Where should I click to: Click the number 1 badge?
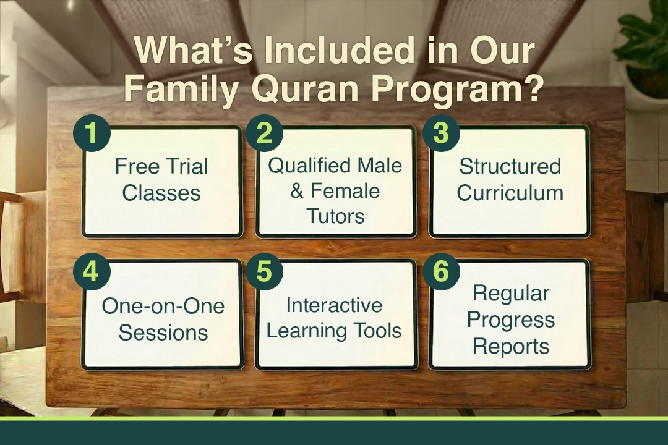click(92, 133)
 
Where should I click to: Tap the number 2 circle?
click(265, 133)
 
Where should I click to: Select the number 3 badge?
click(441, 133)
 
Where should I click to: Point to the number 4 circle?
click(92, 271)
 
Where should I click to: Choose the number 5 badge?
click(265, 271)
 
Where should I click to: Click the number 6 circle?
click(441, 271)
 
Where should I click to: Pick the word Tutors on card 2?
click(336, 216)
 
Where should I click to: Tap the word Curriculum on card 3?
click(510, 193)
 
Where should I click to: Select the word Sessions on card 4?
click(163, 333)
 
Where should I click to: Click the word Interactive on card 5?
click(333, 305)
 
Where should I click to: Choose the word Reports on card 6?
click(510, 347)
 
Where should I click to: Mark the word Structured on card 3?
click(510, 166)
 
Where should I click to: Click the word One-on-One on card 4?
click(163, 306)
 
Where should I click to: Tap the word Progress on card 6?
click(510, 320)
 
